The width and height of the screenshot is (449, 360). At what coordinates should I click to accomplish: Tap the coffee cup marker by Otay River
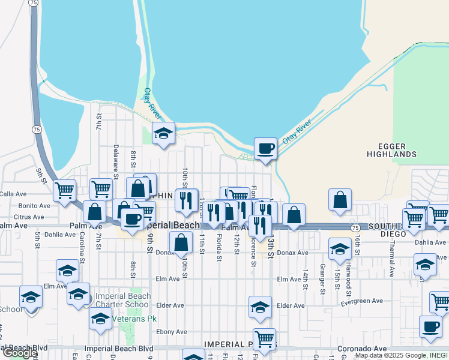point(265,148)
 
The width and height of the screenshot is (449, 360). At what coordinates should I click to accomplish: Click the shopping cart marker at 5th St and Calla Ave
point(64,191)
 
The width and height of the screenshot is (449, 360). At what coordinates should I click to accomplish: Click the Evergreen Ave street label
point(361,301)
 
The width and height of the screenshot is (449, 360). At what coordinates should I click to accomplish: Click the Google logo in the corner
point(20,353)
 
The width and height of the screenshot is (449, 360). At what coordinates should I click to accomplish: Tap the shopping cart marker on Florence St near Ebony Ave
point(264,338)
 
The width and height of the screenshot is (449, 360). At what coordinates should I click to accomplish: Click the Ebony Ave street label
point(172,332)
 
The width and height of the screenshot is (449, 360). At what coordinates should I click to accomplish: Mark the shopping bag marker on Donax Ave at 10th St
point(181,242)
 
